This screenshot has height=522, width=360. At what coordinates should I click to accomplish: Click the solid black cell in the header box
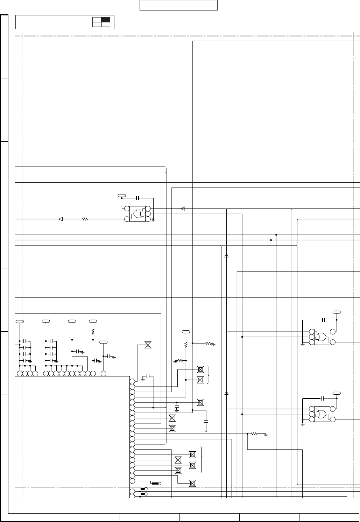click(x=106, y=20)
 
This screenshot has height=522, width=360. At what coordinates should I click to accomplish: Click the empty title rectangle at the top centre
click(x=178, y=6)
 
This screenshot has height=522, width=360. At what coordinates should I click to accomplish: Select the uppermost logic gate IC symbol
click(x=137, y=213)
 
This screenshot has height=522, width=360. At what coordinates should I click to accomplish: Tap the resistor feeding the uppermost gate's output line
click(x=85, y=219)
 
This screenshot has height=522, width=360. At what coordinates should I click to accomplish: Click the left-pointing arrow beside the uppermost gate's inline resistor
click(x=60, y=219)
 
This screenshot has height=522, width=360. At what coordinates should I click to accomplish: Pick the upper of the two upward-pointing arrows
click(x=226, y=255)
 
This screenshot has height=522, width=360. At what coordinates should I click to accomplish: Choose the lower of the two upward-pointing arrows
click(x=226, y=393)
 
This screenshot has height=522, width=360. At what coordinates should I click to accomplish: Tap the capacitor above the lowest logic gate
click(x=322, y=398)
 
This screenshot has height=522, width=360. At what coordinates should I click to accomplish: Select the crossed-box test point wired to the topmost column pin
click(x=148, y=345)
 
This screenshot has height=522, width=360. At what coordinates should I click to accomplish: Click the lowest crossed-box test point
click(x=192, y=484)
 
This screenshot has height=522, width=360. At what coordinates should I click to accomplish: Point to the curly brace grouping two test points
click(x=209, y=374)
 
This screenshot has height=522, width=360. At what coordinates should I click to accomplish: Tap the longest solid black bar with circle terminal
click(x=155, y=484)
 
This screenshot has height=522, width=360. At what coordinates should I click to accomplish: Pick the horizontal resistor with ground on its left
click(x=181, y=360)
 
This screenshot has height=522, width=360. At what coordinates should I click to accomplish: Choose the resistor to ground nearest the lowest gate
click(x=254, y=434)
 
